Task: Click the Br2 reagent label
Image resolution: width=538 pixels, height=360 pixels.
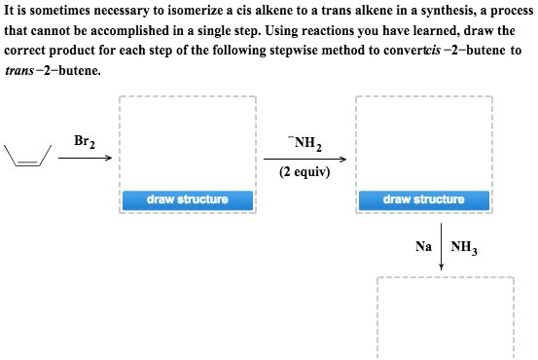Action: (84, 141)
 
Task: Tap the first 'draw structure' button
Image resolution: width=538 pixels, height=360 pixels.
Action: (187, 199)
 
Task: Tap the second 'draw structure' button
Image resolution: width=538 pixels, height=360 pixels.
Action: (423, 199)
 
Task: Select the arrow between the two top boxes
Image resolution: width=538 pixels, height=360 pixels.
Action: (305, 158)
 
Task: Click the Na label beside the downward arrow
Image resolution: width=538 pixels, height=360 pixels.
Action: (423, 246)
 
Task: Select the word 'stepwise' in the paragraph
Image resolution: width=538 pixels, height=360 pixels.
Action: (292, 50)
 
